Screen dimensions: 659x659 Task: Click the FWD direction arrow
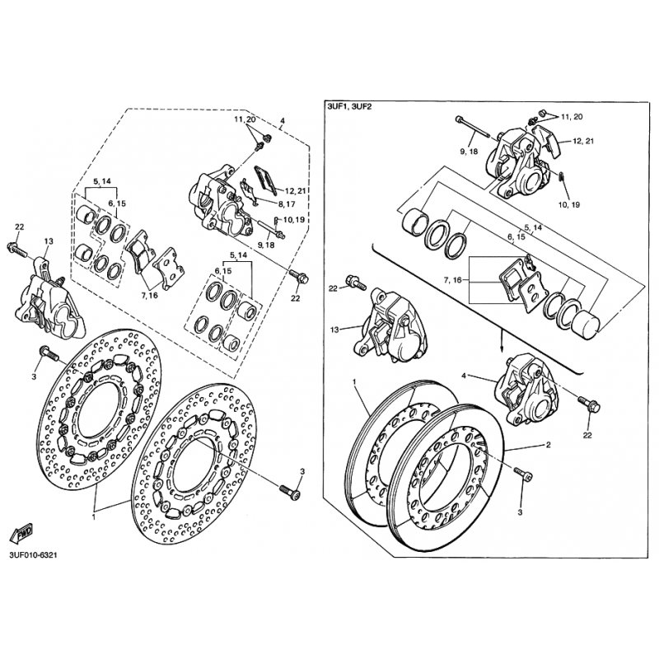coord(21,532)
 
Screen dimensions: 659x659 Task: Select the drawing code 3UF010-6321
coord(33,555)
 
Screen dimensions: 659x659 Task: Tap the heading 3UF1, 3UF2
coord(349,107)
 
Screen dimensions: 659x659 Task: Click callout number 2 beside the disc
coord(548,445)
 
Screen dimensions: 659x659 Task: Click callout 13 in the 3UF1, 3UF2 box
coord(334,330)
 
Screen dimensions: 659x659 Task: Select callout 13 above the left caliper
coord(49,241)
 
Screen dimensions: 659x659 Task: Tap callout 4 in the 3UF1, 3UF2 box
coord(464,376)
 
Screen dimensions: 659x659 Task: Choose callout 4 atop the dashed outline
coord(282,120)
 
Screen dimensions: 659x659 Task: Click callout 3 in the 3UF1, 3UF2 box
coord(520,512)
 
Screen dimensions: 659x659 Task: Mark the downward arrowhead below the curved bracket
coord(502,348)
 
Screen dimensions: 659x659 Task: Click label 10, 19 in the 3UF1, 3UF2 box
coord(569,204)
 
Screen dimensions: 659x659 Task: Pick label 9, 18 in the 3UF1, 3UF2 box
coord(469,151)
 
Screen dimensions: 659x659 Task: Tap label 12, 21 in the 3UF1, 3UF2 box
coord(583,141)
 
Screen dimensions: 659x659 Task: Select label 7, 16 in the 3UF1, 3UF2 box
coord(451,279)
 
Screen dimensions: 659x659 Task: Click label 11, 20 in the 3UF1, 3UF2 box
coord(572,116)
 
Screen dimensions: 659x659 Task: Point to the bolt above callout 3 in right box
coord(523,474)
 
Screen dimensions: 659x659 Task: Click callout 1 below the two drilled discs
coord(94,517)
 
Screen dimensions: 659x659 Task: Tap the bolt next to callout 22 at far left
coord(16,250)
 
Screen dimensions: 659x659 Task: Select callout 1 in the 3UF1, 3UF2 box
coord(354,381)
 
